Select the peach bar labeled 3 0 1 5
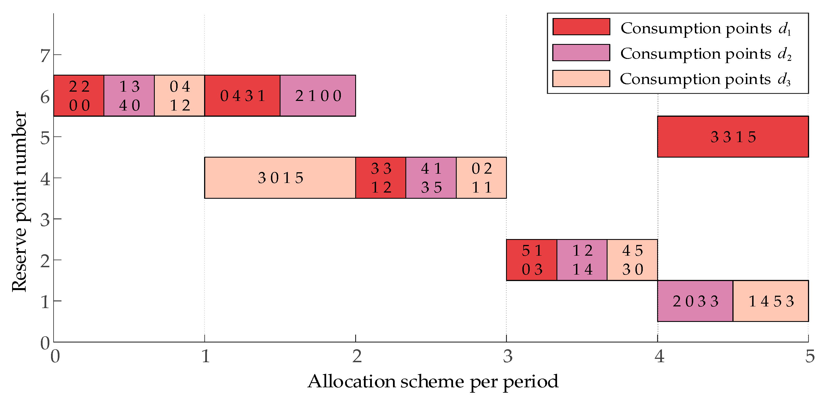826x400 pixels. (280, 178)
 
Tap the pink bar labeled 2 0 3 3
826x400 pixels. (695, 301)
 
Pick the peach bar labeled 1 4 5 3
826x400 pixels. (770, 301)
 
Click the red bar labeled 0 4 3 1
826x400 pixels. (242, 96)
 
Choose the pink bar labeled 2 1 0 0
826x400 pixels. (318, 96)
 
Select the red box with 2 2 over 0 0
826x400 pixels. (79, 96)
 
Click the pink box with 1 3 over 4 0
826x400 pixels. (129, 96)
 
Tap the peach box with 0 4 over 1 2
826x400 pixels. (179, 96)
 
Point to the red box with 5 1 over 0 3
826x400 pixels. (531, 260)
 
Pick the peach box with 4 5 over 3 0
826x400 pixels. (632, 260)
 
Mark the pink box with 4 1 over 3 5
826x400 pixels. (431, 178)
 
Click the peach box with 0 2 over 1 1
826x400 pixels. (481, 178)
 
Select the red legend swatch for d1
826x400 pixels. (581, 26)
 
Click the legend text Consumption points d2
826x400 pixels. (705, 54)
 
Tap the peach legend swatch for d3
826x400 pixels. (581, 79)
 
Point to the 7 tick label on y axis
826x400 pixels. (45, 55)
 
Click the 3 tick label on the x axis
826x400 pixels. (507, 356)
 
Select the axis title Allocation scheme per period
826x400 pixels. (433, 381)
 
